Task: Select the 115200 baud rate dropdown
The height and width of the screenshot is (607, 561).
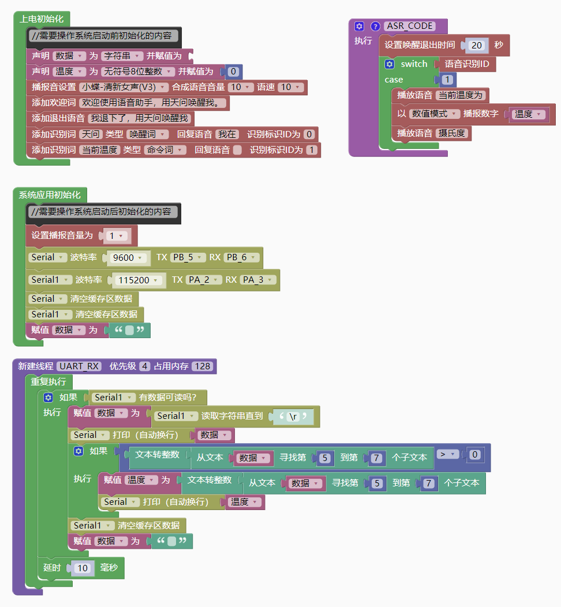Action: [138, 280]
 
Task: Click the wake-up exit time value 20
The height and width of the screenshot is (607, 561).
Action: [477, 45]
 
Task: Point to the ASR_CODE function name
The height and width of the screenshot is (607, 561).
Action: [409, 26]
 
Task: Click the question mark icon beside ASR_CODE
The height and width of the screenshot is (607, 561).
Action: [375, 26]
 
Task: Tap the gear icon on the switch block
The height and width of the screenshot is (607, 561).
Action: [390, 64]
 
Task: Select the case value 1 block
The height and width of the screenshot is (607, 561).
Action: [447, 80]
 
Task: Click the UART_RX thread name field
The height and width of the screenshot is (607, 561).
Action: [80, 366]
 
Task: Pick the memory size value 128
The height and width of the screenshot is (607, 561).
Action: [202, 366]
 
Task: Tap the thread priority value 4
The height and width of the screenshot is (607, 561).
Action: [145, 366]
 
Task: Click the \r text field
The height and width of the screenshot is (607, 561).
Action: [293, 416]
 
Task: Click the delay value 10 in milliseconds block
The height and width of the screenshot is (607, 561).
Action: [83, 568]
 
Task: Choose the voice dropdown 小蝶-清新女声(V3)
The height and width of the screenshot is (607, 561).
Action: [124, 87]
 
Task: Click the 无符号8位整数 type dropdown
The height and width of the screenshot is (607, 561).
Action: [138, 72]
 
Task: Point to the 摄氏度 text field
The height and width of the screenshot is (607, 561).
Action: [452, 133]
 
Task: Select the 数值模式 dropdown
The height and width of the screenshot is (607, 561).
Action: [435, 114]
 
